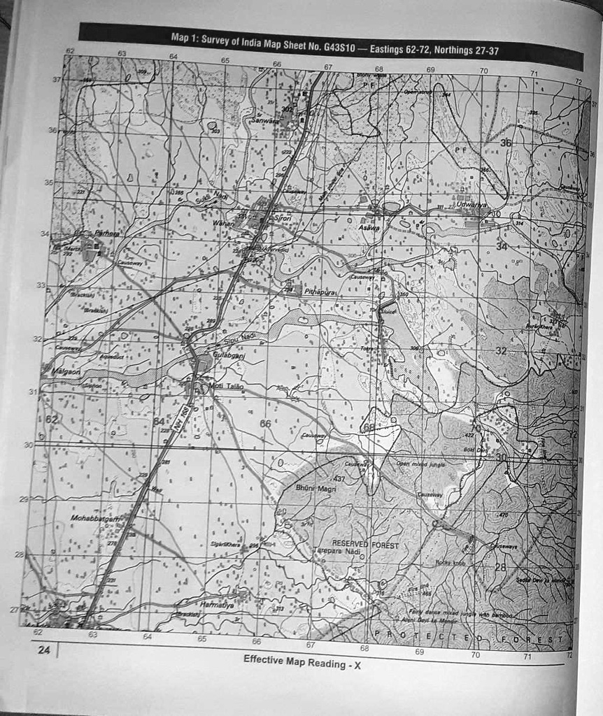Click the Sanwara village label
click(x=264, y=120)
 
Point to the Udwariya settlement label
click(x=471, y=204)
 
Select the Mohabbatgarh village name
click(x=95, y=518)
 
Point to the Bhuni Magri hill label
click(x=316, y=487)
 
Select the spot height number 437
click(x=339, y=478)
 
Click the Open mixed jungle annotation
click(x=420, y=463)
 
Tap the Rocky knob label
click(x=450, y=561)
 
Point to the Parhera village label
click(x=108, y=233)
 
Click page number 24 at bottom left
click(x=44, y=650)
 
